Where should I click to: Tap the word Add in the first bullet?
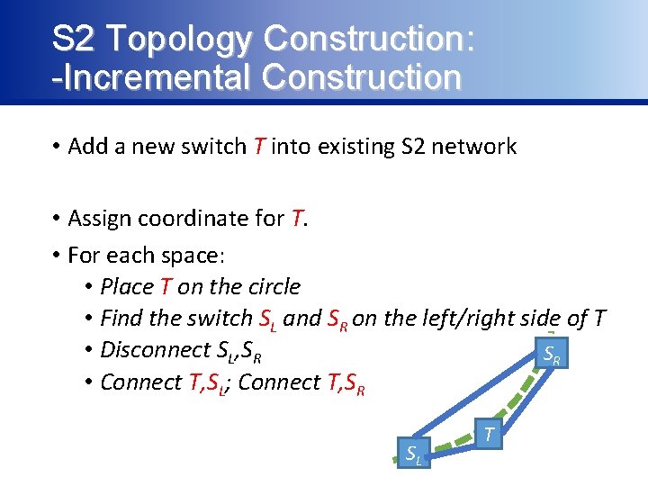(x=86, y=147)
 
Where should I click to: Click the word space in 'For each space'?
(x=194, y=256)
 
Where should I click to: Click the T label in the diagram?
(x=489, y=435)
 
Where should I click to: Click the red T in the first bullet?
(x=258, y=147)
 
